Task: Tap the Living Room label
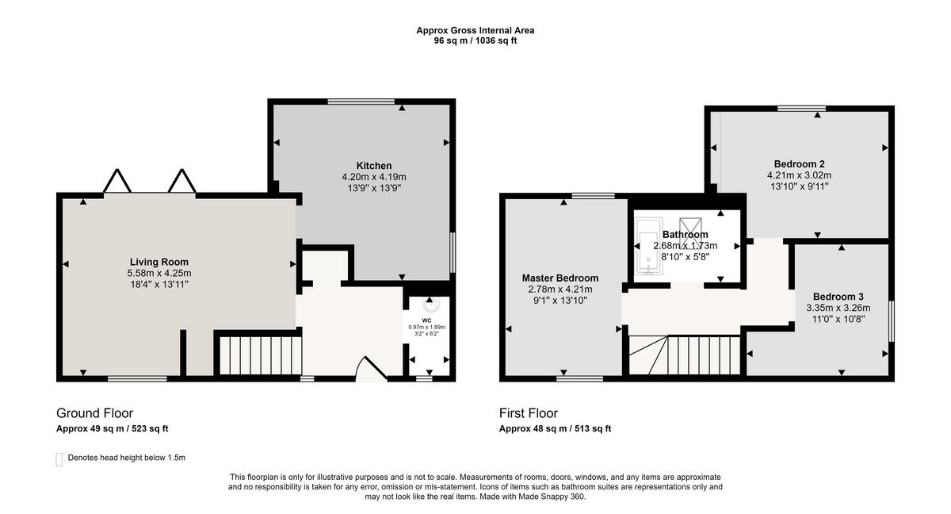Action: coord(158,262)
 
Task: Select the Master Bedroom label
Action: coord(560,278)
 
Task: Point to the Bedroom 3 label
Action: coord(838,297)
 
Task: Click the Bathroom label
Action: coord(686,235)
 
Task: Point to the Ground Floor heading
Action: coord(94,413)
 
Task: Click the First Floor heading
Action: coord(529,413)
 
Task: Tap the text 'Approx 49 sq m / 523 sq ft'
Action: coord(112,428)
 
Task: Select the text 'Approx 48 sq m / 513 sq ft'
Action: coord(555,428)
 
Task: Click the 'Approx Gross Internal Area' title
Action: coord(475,30)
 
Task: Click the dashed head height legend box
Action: coord(59,459)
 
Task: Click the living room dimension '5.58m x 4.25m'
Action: coord(158,273)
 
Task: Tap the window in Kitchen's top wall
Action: coord(361,102)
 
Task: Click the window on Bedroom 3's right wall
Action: coord(892,320)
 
